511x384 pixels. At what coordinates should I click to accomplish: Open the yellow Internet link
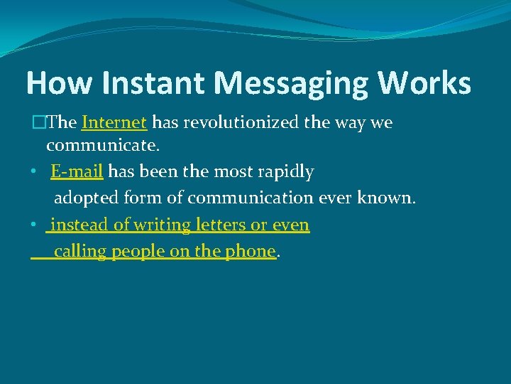(114, 122)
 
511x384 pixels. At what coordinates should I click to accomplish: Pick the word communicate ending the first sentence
(102, 146)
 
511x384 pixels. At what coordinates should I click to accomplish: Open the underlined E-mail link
(77, 171)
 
